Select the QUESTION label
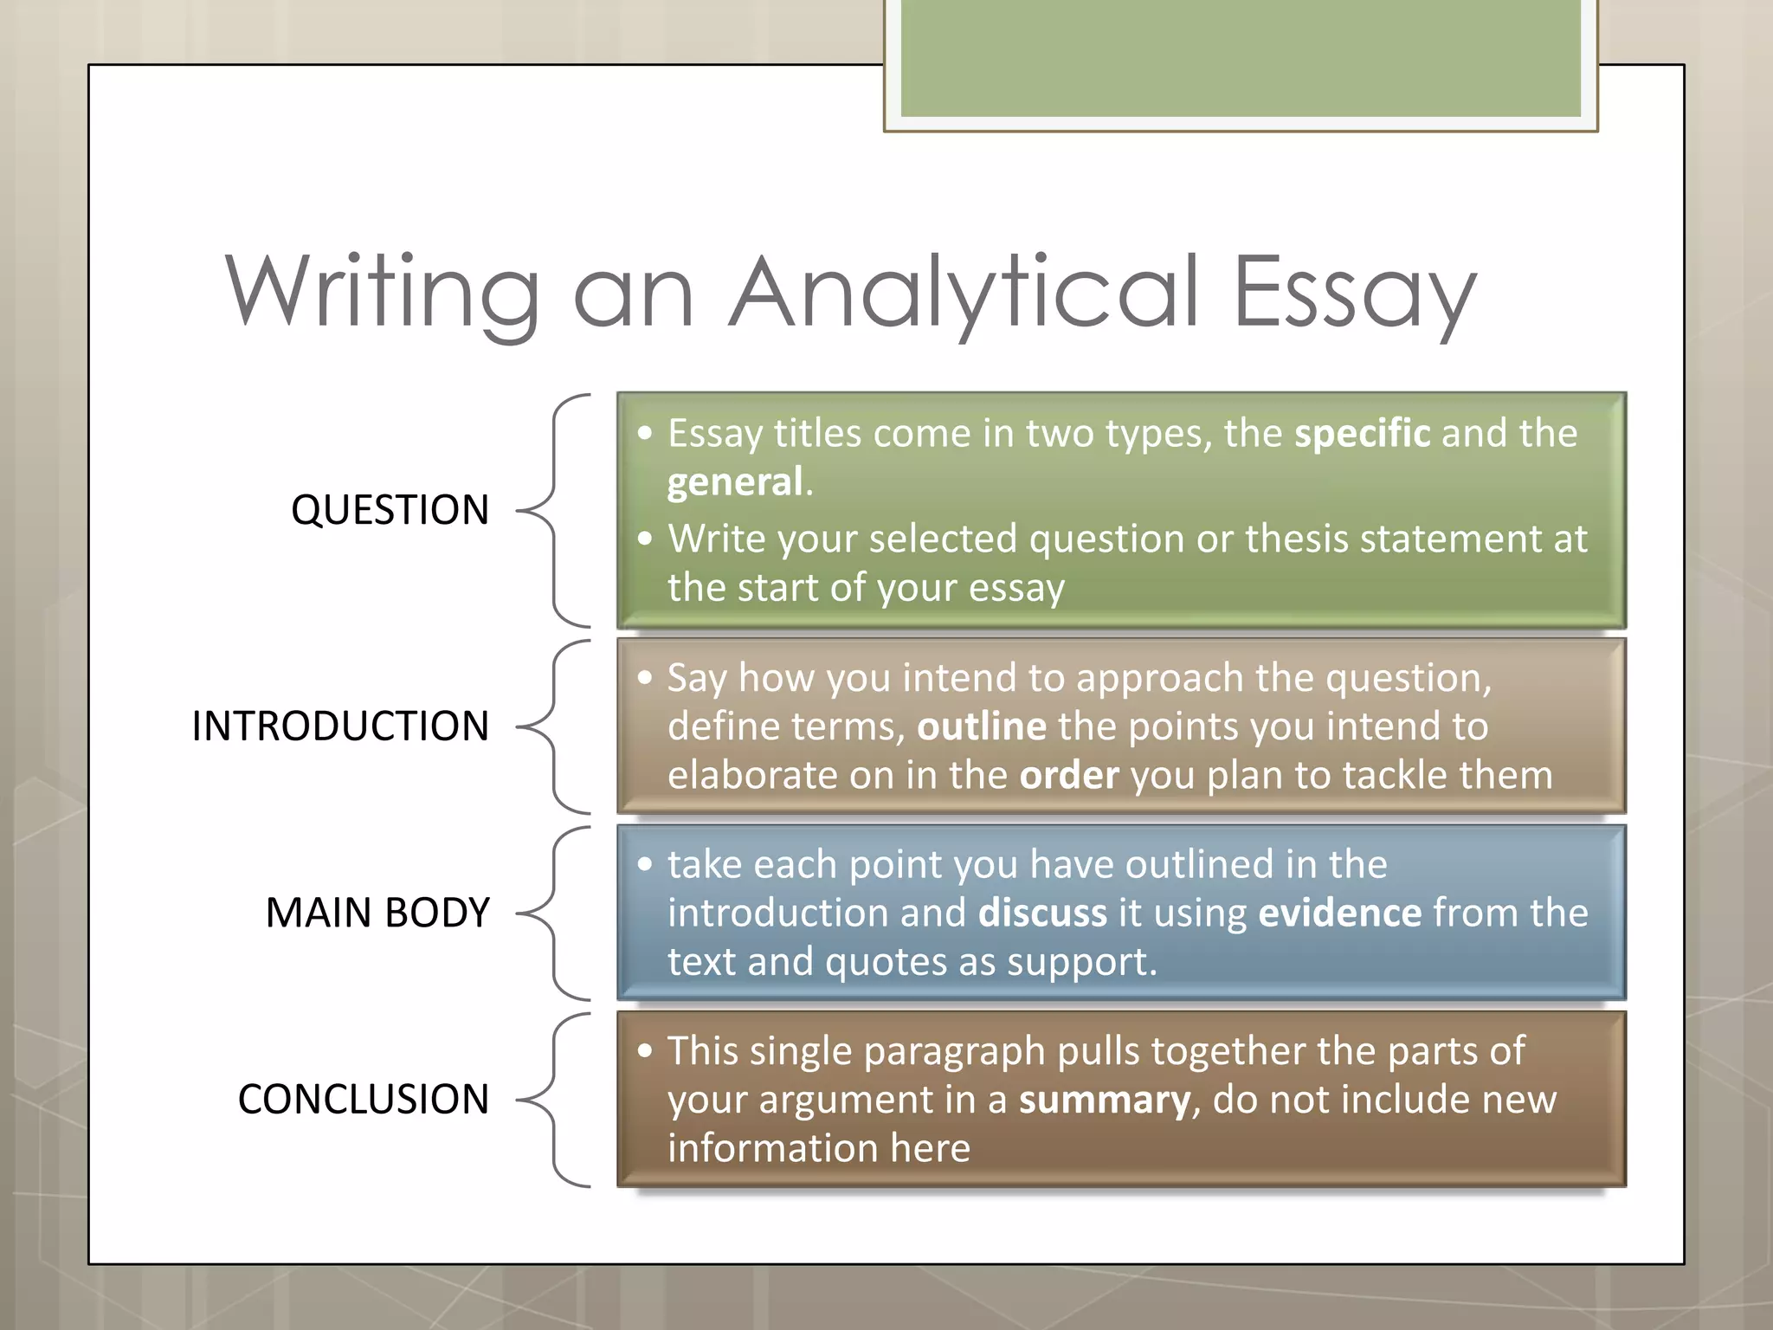390,510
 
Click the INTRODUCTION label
340,726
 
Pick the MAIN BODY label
377,913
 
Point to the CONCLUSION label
364,1100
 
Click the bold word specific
1362,433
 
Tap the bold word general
735,481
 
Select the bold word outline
982,726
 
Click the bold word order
1069,775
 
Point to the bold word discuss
1042,913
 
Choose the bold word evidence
1339,913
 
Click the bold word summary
1105,1100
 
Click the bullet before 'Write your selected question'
645,539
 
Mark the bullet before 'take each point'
645,864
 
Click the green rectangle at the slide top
1241,59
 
